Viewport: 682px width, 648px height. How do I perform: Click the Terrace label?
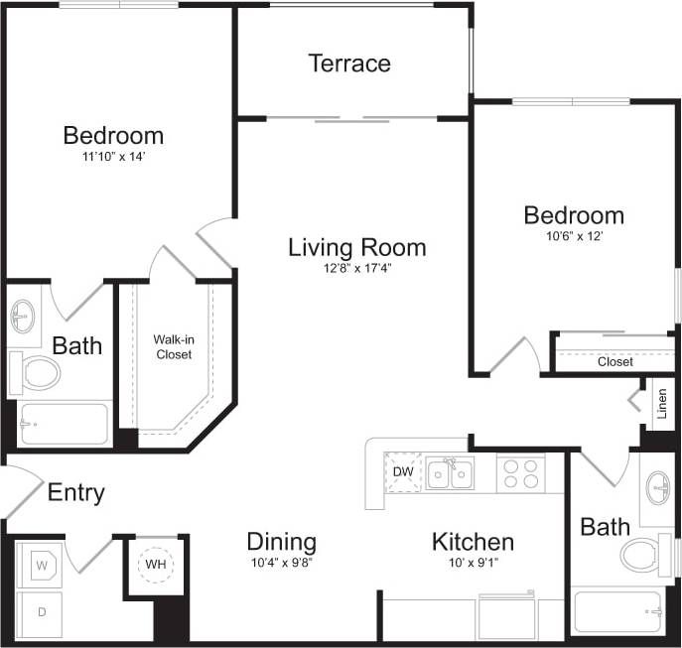[x=348, y=64]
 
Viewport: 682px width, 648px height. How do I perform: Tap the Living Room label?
[x=356, y=247]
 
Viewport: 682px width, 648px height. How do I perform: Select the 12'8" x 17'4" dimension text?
[x=356, y=267]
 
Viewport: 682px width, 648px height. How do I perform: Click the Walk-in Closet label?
[x=173, y=346]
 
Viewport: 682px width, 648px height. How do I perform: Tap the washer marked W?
[x=43, y=567]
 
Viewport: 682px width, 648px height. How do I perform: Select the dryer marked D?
[x=42, y=612]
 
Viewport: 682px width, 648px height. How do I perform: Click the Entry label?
[x=76, y=492]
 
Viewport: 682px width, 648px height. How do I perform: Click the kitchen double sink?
[x=450, y=473]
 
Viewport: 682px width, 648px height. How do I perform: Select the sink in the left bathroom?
[x=24, y=317]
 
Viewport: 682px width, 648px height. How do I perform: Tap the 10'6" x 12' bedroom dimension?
[x=574, y=235]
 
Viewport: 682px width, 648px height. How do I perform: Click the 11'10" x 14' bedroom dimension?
[x=113, y=156]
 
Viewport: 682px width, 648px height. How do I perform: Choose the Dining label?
[x=281, y=542]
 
